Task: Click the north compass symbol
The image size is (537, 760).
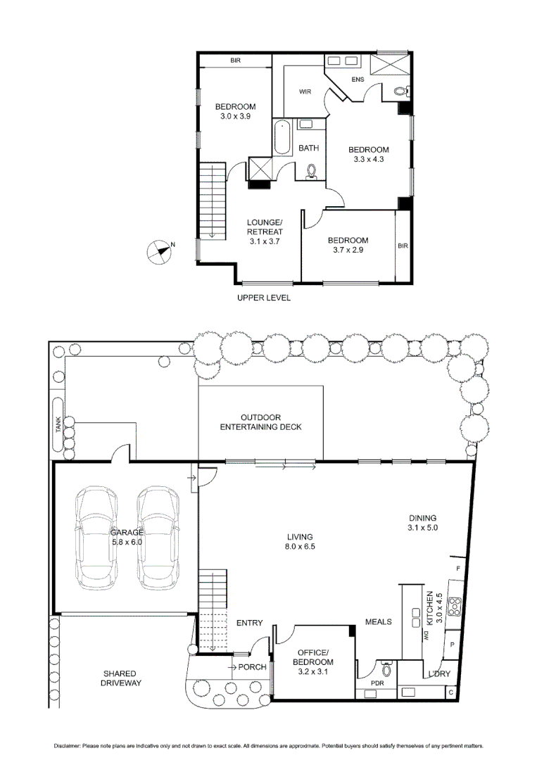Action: point(160,251)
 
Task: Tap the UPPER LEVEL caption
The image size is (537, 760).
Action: point(263,298)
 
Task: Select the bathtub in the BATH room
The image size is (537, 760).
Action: point(283,138)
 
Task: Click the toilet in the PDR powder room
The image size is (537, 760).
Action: point(386,669)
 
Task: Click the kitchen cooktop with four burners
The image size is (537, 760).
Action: point(455,603)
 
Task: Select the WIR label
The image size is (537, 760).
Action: point(305,92)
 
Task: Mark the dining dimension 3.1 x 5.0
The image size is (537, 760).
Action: point(422,527)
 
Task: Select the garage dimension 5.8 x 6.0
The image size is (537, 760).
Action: point(127,542)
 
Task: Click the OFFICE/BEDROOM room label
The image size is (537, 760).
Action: point(315,657)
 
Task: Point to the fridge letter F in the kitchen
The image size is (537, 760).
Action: point(458,567)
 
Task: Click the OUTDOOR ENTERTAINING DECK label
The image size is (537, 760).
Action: point(260,422)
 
